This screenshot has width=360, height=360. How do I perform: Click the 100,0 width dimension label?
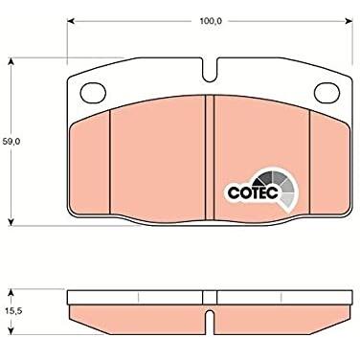click(x=211, y=21)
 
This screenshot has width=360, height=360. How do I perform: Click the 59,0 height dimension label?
click(x=11, y=142)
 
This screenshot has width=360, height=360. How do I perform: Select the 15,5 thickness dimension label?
click(x=12, y=311)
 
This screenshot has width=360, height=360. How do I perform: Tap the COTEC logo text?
click(x=254, y=192)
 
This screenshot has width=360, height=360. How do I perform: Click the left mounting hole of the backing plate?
click(x=93, y=93)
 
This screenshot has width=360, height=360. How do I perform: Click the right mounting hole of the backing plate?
click(x=326, y=93)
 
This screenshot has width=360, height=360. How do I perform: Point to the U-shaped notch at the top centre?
click(x=210, y=71)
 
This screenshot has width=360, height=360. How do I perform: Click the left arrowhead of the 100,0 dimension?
click(x=71, y=21)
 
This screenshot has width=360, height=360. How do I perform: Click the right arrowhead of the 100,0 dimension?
click(x=349, y=21)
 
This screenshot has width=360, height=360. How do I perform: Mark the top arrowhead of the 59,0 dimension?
click(x=11, y=61)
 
